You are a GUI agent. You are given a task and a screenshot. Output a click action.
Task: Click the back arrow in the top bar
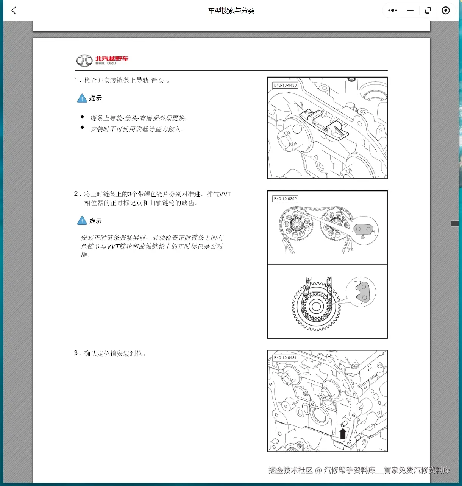(14, 11)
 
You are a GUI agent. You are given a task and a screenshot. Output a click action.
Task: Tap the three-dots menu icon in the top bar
(393, 11)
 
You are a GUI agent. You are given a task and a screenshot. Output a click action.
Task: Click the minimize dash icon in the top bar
(410, 11)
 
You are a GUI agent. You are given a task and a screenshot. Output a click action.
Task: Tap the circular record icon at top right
(446, 11)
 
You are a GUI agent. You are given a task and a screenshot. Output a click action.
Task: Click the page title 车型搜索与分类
(231, 11)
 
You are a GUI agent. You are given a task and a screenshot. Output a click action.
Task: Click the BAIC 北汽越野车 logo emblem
(84, 61)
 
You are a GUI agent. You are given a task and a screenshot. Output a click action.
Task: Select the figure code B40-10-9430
(285, 86)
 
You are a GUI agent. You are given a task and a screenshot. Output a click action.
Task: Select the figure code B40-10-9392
(285, 199)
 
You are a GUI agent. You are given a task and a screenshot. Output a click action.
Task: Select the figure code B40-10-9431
(285, 358)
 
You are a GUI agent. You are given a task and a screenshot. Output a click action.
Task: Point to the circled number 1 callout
(297, 129)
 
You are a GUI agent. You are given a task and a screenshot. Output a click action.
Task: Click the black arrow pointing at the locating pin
(343, 433)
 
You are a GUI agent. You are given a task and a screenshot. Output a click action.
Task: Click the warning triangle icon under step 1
(82, 98)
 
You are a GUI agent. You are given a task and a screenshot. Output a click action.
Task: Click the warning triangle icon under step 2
(82, 221)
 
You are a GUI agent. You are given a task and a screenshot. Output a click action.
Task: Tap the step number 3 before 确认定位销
(76, 353)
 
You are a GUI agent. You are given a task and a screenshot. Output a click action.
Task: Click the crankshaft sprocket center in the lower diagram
(316, 307)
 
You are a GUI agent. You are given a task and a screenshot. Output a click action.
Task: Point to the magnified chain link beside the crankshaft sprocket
(361, 292)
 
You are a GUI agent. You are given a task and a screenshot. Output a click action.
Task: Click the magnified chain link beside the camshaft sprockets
(364, 230)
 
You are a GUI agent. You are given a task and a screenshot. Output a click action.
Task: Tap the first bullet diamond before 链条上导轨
(82, 117)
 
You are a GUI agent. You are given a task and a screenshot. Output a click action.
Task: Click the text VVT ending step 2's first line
(225, 194)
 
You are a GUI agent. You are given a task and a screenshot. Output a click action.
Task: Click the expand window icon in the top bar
(428, 11)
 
